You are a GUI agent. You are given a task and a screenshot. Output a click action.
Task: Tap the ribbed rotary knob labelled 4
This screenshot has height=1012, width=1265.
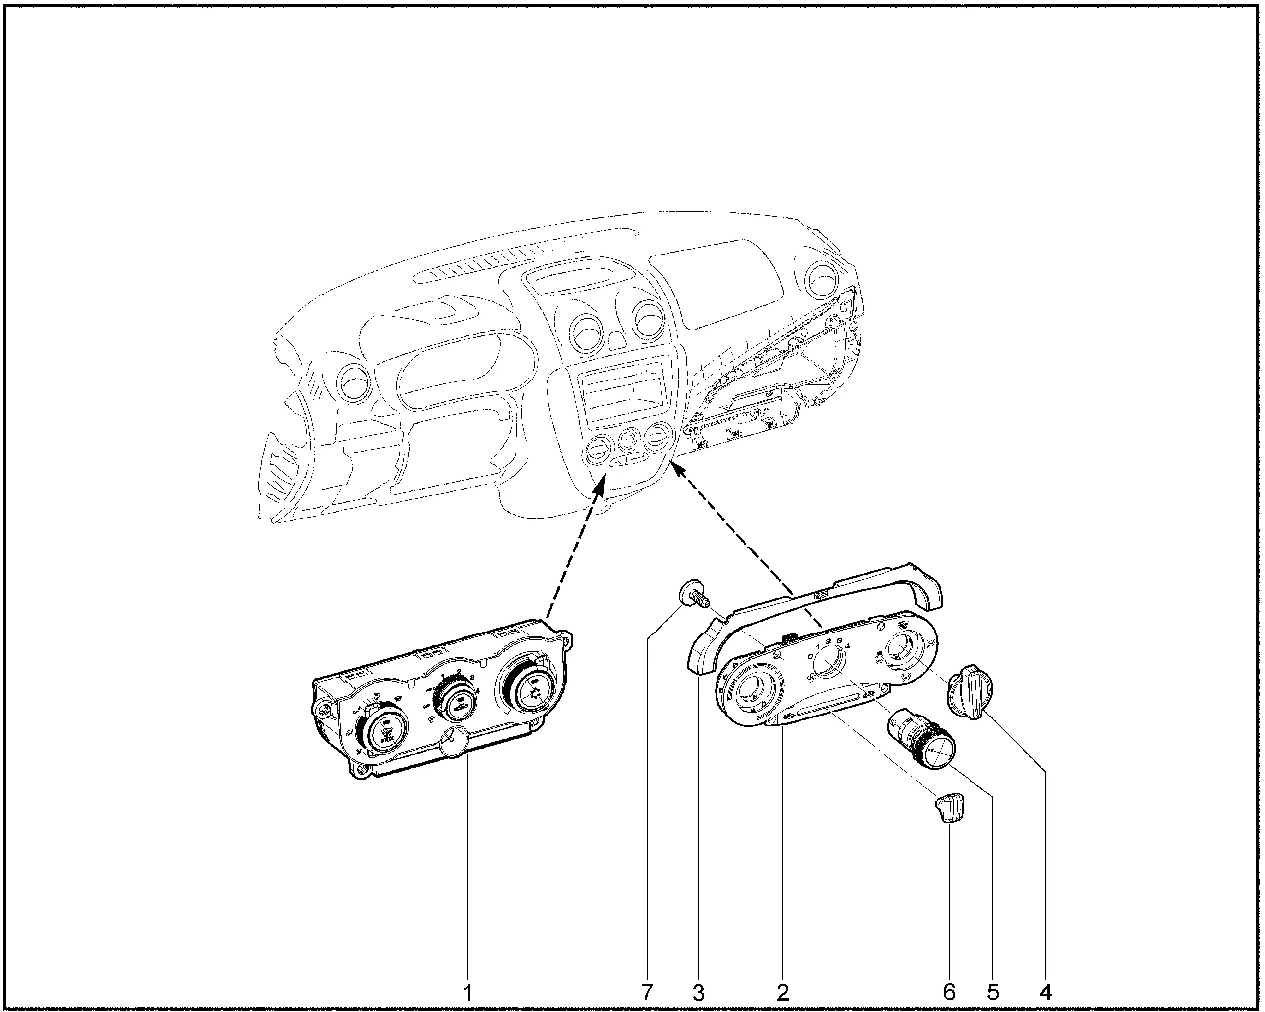pos(969,692)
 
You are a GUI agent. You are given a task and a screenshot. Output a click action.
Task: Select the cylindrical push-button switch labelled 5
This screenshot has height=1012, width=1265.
pos(920,739)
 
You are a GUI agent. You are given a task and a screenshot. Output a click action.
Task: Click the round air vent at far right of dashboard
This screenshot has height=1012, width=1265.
pos(824,280)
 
